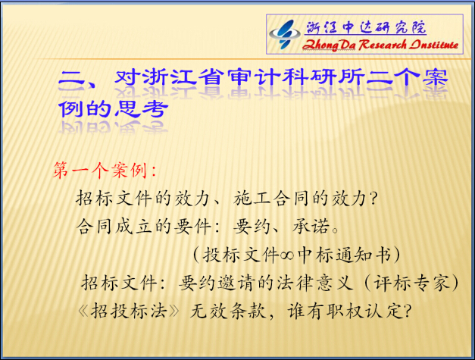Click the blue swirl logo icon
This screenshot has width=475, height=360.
[284, 34]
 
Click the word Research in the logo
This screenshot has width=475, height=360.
[383, 45]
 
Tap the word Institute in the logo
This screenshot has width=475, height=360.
[434, 45]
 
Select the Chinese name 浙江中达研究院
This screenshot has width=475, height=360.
[366, 28]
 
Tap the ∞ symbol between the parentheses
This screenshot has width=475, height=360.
[287, 255]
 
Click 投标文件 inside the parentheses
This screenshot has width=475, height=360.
[241, 255]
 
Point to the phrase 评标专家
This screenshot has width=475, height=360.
[411, 283]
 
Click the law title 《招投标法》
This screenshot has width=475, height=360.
[129, 311]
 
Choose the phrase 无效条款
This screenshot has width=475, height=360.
[228, 311]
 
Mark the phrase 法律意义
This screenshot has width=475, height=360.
[314, 283]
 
